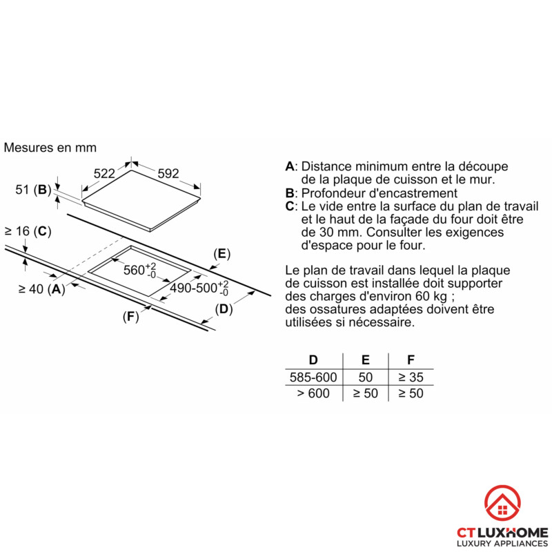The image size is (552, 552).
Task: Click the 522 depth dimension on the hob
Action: [104, 174]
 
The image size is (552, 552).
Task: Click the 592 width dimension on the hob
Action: [168, 174]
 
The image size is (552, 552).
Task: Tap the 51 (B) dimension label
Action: [33, 190]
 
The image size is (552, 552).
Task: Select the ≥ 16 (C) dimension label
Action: [28, 231]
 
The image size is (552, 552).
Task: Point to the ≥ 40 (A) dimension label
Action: [42, 289]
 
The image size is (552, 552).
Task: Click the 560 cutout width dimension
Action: [140, 270]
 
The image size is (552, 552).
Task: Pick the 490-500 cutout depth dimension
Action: [199, 288]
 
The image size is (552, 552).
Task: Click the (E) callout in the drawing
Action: [221, 254]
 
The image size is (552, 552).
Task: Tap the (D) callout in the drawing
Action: [224, 309]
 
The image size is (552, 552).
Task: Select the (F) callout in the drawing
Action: [130, 317]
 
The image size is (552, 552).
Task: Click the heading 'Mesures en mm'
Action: [50, 148]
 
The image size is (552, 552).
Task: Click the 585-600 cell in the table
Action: [313, 377]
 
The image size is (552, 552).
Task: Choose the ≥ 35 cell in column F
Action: [411, 377]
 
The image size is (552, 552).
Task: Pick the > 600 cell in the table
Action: [313, 393]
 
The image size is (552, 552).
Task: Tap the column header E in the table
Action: [366, 359]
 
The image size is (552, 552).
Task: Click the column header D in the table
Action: [313, 359]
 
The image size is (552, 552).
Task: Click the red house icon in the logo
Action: [502, 503]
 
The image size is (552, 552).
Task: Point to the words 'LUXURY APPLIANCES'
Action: [502, 544]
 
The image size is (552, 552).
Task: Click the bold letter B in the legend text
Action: [290, 193]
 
